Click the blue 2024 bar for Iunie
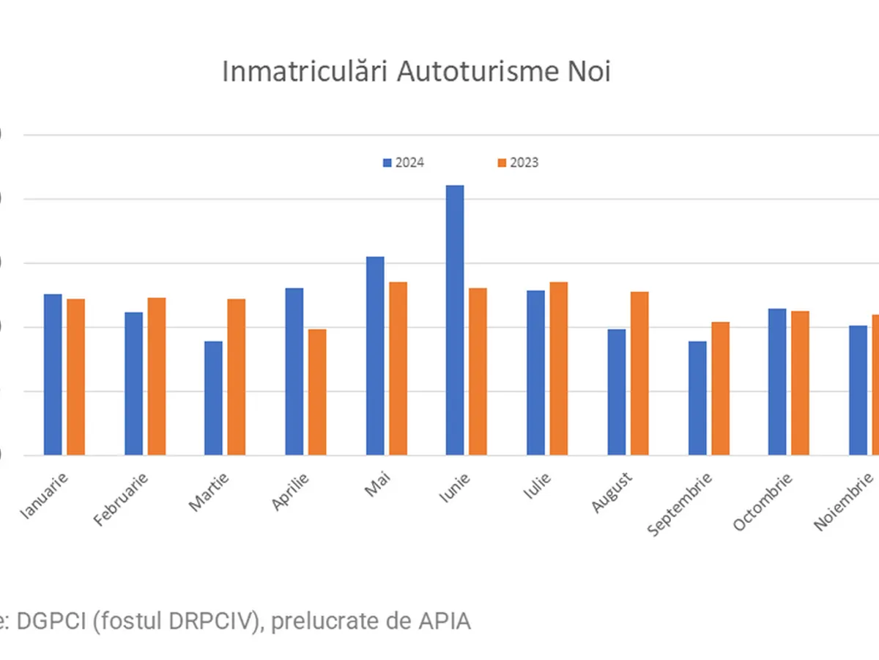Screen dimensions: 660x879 455,320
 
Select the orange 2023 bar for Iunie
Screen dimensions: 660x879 478,371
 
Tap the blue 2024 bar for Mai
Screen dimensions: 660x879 375,356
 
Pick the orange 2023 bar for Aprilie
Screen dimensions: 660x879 317,392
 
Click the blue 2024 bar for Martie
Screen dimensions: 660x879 213,398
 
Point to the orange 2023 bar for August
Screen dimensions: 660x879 639,373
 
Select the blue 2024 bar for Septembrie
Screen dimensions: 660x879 697,398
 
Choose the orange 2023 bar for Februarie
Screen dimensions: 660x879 157,376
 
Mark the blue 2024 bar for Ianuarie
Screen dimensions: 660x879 53,374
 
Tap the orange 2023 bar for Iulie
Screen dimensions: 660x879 559,368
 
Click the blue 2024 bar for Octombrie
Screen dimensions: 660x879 777,381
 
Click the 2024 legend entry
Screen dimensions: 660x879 404,163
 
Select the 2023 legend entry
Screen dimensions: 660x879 518,163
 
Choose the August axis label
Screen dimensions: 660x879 612,492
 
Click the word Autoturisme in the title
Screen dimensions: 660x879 479,73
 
